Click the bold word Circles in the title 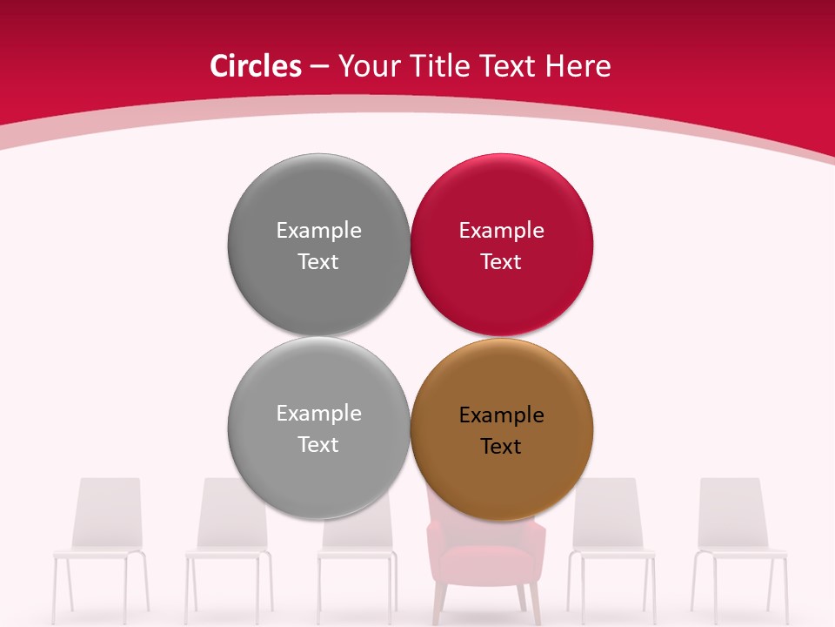255,66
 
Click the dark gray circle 318,244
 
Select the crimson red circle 501,244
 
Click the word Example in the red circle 501,231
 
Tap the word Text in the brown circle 501,447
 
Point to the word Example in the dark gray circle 318,231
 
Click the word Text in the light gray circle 318,445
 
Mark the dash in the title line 319,67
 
